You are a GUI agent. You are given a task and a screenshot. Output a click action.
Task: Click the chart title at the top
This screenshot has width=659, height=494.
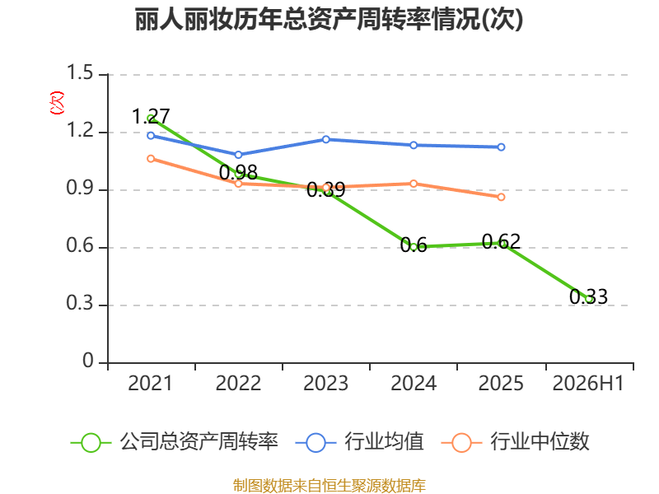click(x=329, y=19)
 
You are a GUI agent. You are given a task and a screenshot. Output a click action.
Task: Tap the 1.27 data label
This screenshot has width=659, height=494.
click(x=151, y=116)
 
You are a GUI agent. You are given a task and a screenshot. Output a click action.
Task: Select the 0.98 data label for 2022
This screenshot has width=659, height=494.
click(x=238, y=172)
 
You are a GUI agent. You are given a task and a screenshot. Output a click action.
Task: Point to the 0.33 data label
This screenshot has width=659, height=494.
click(x=588, y=296)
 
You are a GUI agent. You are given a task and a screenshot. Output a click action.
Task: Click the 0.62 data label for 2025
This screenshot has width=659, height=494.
click(x=501, y=241)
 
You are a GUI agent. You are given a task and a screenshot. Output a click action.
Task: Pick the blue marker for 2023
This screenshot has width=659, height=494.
click(x=325, y=139)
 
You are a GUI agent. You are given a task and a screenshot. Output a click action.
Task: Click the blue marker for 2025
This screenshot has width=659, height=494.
click(x=501, y=147)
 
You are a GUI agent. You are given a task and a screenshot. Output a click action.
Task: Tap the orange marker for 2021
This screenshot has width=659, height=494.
click(x=151, y=159)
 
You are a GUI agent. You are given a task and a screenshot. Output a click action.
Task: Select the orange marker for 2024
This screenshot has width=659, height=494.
click(x=414, y=184)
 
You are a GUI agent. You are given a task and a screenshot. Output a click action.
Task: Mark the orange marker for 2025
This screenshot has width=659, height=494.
click(x=501, y=197)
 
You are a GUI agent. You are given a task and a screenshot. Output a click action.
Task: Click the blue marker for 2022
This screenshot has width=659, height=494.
click(x=238, y=155)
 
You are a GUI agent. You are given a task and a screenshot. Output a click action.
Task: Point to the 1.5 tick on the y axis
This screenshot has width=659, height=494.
click(x=80, y=72)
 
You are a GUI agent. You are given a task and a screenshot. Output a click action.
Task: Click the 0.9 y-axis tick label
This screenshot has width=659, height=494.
click(x=80, y=188)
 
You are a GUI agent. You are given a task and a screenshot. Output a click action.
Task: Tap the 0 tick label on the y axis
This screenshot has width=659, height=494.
click(x=88, y=361)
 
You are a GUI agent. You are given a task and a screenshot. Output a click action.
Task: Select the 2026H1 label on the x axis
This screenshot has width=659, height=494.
click(x=588, y=384)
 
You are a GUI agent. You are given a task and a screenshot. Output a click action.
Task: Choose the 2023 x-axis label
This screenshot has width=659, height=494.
click(x=325, y=384)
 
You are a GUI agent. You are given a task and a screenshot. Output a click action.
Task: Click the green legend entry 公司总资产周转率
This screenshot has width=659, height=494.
click(x=175, y=442)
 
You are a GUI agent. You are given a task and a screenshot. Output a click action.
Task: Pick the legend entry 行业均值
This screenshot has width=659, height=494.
click(x=360, y=442)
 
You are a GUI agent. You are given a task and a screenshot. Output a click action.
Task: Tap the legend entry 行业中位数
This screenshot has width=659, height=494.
click(x=516, y=442)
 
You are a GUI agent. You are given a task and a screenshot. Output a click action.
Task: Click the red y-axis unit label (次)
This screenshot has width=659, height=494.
click(x=57, y=103)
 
